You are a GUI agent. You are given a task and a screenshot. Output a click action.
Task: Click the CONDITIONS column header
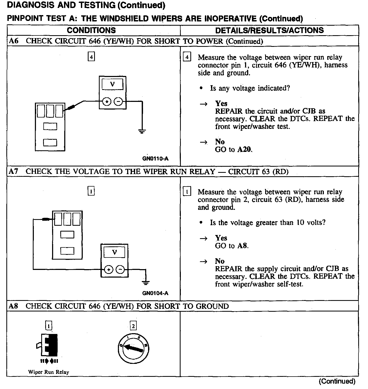(91, 30)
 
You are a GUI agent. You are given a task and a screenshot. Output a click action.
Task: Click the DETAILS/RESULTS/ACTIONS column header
(269, 30)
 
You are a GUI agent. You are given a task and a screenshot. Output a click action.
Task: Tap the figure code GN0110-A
(155, 159)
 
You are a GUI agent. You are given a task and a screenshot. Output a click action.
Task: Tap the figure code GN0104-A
(155, 293)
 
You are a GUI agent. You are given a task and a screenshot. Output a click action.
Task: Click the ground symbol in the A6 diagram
(142, 131)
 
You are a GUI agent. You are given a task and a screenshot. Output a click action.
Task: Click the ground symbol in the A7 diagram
(145, 283)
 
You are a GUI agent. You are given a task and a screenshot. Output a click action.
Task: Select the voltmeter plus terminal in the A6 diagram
(107, 102)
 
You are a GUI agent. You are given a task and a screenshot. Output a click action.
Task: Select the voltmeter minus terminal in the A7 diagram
(120, 270)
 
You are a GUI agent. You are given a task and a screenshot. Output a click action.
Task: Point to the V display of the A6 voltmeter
(113, 84)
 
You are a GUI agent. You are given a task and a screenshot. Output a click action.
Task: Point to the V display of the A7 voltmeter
(114, 252)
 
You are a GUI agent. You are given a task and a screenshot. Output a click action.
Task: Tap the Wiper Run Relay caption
(49, 372)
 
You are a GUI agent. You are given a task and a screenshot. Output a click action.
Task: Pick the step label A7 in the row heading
(13, 171)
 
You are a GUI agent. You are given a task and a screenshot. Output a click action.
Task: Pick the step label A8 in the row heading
(13, 306)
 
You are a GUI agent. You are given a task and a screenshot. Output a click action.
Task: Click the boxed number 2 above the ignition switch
(133, 326)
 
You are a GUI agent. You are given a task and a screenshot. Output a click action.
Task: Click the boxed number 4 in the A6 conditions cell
(91, 57)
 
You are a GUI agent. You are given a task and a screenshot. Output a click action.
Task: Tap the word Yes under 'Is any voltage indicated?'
(221, 103)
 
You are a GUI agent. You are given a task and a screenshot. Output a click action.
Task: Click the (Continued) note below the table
(337, 381)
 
